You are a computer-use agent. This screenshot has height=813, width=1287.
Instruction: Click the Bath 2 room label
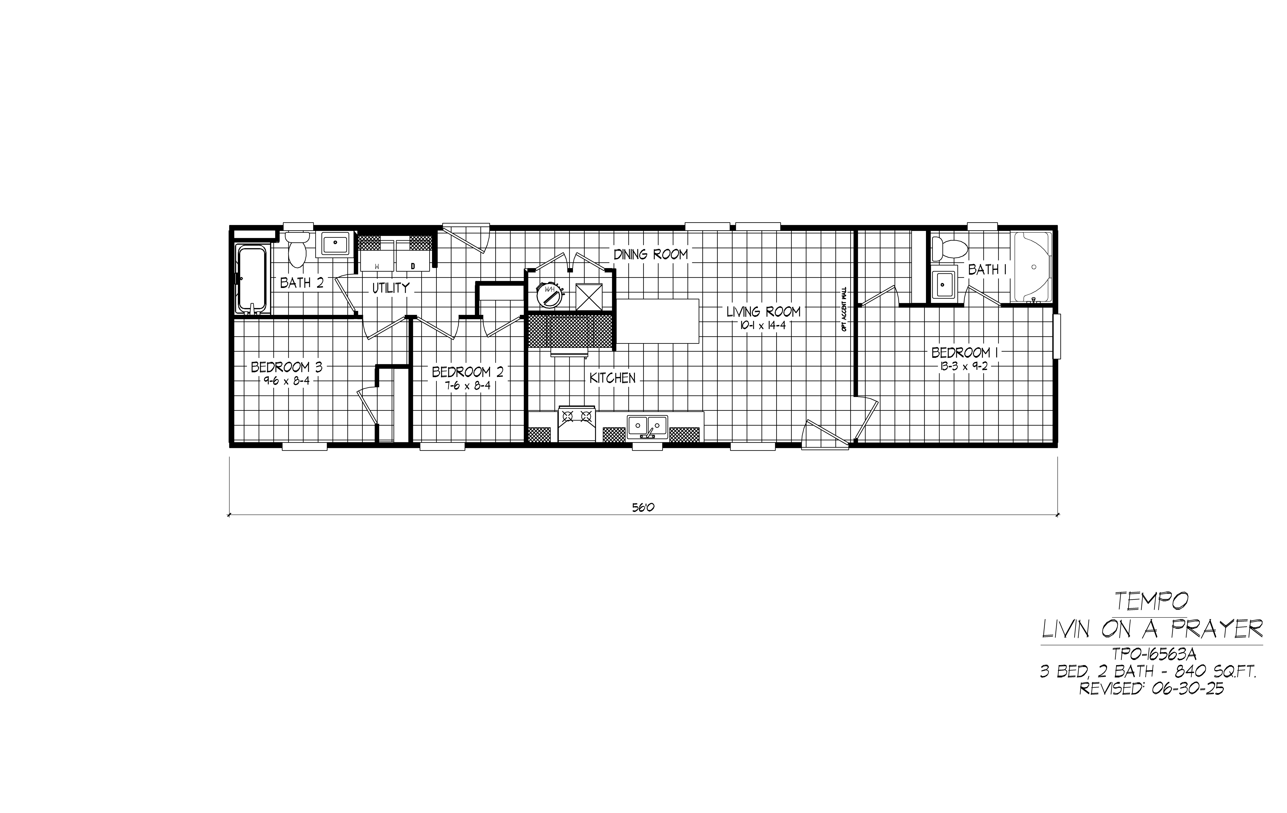302,283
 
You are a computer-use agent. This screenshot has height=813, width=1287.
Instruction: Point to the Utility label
391,288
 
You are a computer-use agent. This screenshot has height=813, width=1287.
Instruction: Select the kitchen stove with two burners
577,424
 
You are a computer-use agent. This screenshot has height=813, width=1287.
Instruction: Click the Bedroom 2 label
468,372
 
